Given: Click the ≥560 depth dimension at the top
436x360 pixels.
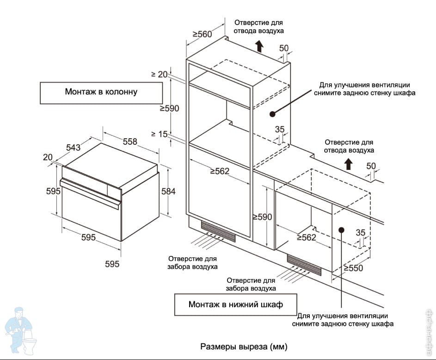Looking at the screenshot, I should pos(202,34).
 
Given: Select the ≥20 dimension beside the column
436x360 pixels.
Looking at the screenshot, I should pos(159,74).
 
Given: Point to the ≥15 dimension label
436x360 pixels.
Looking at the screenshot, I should pos(159,134).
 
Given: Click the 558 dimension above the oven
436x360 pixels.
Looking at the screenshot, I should pos(130,142).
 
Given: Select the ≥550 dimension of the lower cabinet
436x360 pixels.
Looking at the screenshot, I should pos(354,268).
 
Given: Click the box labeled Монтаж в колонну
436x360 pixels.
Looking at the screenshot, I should pos(101,92).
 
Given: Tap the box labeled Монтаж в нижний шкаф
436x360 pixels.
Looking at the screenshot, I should pos(235,304).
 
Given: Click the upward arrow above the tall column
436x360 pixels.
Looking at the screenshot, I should pos(259,45).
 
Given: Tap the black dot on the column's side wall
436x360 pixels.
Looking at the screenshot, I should pos(272,113).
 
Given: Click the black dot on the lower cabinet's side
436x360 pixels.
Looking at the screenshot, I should pos(342,229).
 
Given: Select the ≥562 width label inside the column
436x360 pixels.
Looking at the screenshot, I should pos(220,171).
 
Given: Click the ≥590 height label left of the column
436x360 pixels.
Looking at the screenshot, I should pos(169,108).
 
